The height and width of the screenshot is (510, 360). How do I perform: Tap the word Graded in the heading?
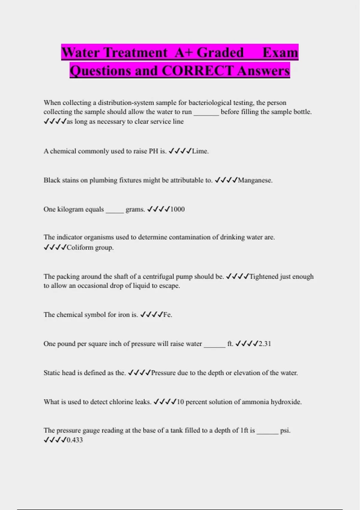click(220, 52)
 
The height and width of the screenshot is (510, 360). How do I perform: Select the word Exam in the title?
click(280, 52)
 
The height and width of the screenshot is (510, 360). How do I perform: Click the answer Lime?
click(200, 151)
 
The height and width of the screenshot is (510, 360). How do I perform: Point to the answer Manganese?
click(255, 180)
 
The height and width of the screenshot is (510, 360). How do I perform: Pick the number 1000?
click(177, 209)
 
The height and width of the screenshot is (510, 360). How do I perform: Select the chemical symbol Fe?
click(167, 315)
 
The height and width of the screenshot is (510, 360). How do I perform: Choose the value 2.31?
click(265, 344)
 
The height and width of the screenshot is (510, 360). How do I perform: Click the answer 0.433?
click(75, 440)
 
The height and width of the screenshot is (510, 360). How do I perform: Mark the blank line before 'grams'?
click(115, 211)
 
